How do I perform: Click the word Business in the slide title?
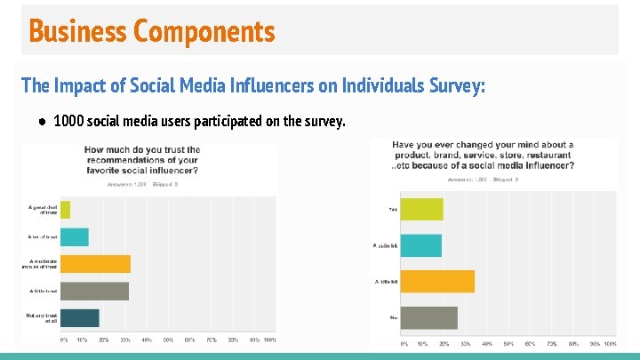pos(78,31)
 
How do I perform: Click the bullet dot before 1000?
pos(42,121)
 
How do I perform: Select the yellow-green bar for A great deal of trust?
pos(65,210)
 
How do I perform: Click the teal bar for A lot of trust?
pos(75,236)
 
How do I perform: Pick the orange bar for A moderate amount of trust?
pos(95,264)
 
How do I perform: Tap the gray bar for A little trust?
pos(94,291)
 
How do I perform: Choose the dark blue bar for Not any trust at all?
pos(80,317)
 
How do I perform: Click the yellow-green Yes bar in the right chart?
pos(422,210)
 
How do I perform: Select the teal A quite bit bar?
pos(421,245)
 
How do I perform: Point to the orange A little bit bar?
pos(437,281)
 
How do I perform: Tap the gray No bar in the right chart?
pos(429,317)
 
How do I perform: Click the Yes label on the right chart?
pos(392,210)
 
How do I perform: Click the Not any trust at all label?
pos(42,317)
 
